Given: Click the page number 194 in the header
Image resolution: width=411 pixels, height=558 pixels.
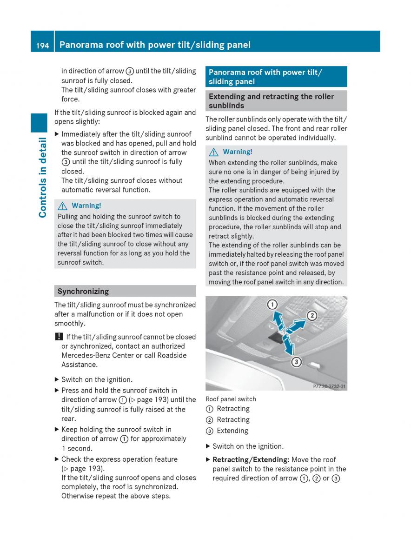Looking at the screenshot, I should pos(42,45).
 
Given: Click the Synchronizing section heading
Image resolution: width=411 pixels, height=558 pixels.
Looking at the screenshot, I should pos(83,292).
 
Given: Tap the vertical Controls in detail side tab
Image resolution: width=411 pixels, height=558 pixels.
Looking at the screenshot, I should pos(43,177).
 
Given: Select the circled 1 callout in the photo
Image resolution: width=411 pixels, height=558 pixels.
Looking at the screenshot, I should pos(272,305).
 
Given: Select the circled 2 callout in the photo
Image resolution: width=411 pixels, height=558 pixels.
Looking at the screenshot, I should pos(312,316).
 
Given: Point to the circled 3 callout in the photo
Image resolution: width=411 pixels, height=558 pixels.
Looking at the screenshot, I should pos(296,361).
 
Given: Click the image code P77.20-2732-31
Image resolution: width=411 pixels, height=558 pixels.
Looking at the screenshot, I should pos(330,386).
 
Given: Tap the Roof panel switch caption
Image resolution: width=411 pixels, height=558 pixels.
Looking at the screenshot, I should pos(231,399).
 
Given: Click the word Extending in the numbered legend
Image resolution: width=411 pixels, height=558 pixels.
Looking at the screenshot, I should pos(232,431).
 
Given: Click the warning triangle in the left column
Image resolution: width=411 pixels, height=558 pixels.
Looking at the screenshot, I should pos(64,206).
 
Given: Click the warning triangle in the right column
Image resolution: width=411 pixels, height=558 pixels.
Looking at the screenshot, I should pos(215,152).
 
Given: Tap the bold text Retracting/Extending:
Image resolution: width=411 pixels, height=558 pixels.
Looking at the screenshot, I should pos(250,459).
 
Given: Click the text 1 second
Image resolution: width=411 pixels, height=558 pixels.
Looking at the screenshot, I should pos(77,448).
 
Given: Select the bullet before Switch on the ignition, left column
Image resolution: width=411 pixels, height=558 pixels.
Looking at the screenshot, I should pos(57,379).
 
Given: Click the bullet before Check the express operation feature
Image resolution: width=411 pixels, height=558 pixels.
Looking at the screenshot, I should pos(57,459).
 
